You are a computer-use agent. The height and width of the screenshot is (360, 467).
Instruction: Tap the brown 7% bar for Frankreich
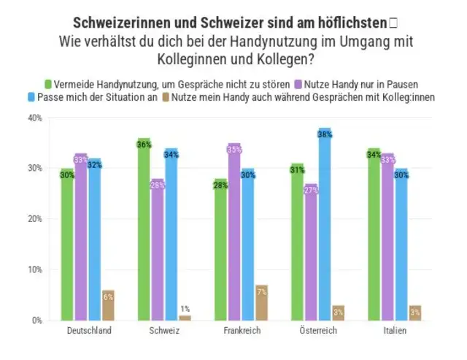click(x=261, y=302)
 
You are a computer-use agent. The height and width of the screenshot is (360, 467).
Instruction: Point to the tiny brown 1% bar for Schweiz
click(x=185, y=318)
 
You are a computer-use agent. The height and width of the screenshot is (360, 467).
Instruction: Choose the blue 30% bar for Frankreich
click(x=248, y=245)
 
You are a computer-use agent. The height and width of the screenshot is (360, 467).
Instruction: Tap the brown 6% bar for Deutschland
click(x=108, y=305)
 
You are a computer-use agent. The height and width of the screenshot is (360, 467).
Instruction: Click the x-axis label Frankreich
click(x=242, y=332)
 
